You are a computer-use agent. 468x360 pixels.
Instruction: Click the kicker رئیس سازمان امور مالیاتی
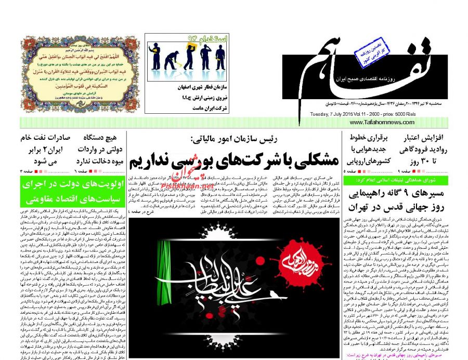(235, 139)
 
